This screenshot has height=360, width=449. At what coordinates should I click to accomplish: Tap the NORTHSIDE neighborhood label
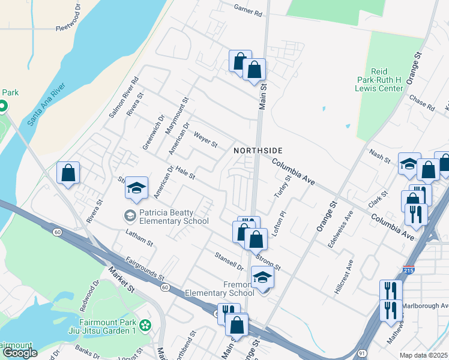[258, 150]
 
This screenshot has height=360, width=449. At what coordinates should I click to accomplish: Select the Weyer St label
[205, 139]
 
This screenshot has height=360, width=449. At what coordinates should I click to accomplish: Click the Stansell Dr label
[229, 260]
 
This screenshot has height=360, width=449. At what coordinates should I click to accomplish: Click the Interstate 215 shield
[409, 272]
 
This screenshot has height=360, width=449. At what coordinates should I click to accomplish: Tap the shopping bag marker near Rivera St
[68, 173]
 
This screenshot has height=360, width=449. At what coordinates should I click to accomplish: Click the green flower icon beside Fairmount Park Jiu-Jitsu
[144, 326]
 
